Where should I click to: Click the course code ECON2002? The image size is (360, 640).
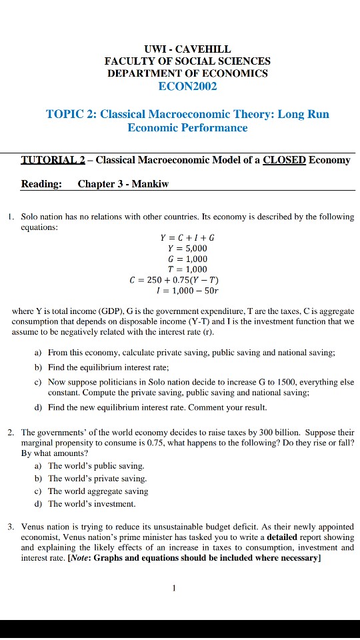click(x=188, y=86)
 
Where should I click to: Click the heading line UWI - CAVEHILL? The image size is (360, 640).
click(x=188, y=49)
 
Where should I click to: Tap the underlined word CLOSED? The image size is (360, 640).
click(x=285, y=160)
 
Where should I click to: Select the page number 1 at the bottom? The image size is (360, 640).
click(x=173, y=588)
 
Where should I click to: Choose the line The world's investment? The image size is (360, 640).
click(x=92, y=503)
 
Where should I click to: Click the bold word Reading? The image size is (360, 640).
click(x=41, y=184)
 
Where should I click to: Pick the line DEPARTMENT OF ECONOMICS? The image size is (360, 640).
click(x=188, y=73)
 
